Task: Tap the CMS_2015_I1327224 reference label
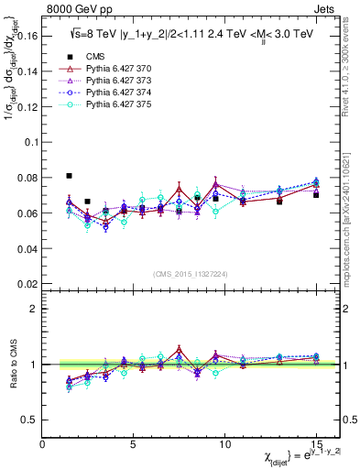point(190,273)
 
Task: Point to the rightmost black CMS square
point(316,195)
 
